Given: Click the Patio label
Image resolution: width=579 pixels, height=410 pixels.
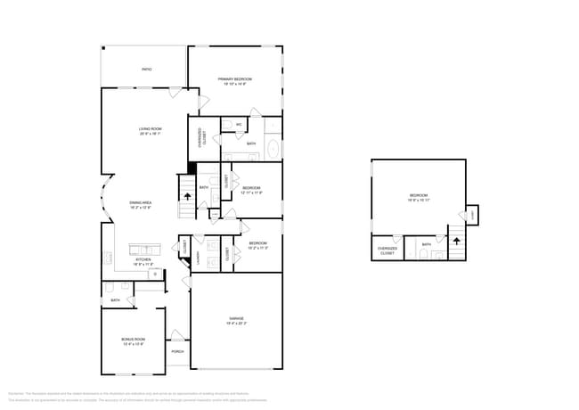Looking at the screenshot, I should (146, 69).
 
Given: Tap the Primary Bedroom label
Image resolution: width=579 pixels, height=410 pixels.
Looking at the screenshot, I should (236, 81).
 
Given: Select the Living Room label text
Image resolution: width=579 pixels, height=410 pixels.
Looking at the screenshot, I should (150, 131).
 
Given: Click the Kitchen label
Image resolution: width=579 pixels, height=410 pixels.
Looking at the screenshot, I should (143, 262).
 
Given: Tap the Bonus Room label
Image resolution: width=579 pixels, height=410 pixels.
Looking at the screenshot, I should (133, 340).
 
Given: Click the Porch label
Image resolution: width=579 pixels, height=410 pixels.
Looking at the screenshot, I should (177, 351).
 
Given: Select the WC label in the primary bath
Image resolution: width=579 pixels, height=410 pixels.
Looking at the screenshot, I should (239, 124).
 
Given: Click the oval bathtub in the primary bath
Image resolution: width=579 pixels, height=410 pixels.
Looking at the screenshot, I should (272, 149).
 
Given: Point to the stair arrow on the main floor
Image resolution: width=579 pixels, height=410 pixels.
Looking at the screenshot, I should (187, 195).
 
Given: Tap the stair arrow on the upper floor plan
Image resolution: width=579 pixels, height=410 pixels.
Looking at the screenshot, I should (456, 241).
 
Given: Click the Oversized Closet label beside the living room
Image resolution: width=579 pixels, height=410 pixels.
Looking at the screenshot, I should (204, 136).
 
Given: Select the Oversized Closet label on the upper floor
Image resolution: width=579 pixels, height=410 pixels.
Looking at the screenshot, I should (387, 250).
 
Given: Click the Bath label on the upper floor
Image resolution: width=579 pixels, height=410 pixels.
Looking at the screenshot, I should (427, 244).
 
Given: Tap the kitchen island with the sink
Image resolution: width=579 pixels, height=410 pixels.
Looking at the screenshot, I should (143, 249).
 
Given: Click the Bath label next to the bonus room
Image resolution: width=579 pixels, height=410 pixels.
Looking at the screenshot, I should (116, 300).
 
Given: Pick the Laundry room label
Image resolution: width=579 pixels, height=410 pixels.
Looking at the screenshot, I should (199, 257).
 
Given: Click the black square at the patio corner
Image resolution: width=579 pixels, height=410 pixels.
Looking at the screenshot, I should (103, 48).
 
